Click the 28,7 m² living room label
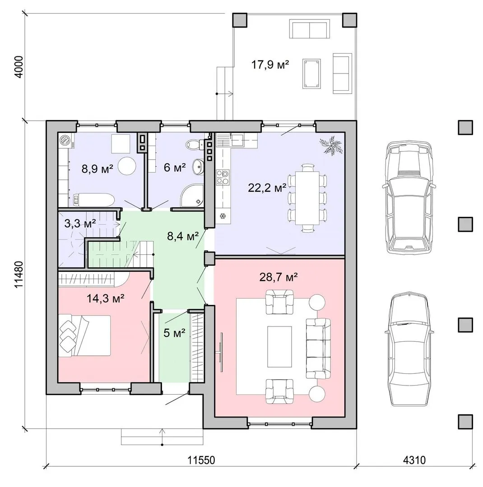(x=279, y=277)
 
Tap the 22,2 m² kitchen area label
(x=267, y=188)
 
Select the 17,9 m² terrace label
(x=270, y=65)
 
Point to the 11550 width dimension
(x=201, y=459)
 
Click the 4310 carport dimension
(x=414, y=459)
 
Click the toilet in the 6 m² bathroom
(x=194, y=144)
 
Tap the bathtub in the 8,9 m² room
(x=94, y=199)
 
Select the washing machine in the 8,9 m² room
(x=65, y=141)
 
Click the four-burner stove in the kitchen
(x=223, y=177)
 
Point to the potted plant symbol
(x=331, y=144)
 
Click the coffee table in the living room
(x=279, y=346)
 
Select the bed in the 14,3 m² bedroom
(x=84, y=335)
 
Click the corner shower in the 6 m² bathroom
(x=192, y=195)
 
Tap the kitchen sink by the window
(x=237, y=140)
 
